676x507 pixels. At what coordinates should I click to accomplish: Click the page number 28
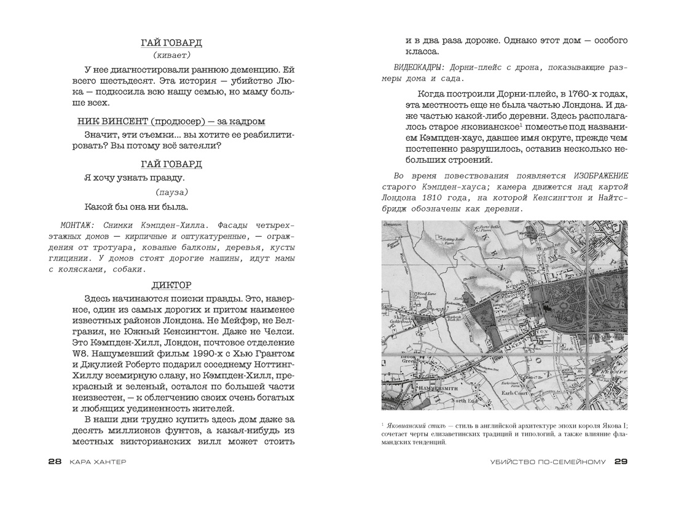tap(55, 462)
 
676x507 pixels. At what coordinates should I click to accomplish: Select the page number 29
tap(620, 462)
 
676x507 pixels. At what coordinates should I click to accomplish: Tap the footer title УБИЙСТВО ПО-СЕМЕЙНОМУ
tap(548, 462)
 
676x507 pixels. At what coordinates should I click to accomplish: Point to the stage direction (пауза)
tap(167, 192)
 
